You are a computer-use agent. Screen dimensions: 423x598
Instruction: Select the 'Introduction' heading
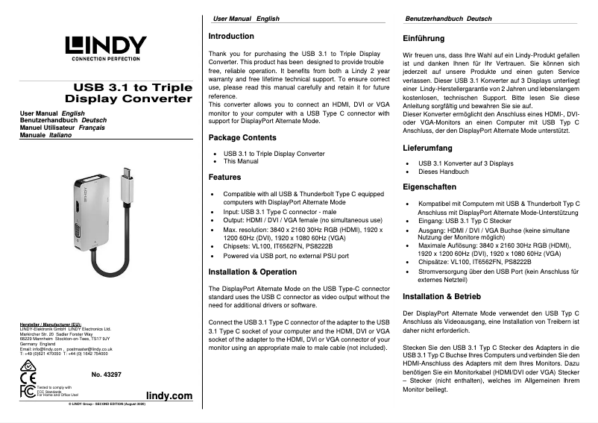231,36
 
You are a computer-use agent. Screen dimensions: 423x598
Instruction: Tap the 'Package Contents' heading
242,138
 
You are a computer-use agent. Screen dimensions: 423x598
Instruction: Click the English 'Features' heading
224,178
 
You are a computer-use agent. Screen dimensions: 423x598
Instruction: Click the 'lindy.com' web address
169,395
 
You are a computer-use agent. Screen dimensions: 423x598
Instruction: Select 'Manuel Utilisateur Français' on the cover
61,126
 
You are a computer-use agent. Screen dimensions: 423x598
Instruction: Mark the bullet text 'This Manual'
242,161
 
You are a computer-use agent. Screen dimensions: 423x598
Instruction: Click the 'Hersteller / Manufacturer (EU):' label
50,324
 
